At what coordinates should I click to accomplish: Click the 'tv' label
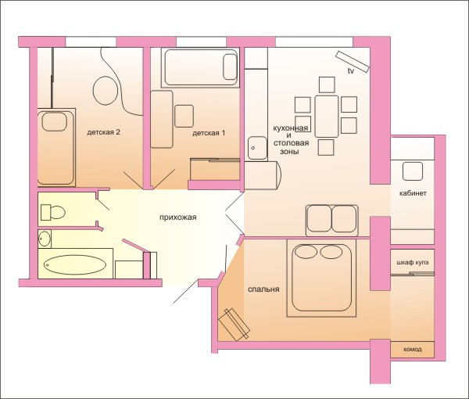pos(350,71)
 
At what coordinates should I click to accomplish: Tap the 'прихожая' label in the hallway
pos(178,217)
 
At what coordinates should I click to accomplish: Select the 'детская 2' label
pos(103,132)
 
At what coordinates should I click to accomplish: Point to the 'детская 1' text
pos(209,133)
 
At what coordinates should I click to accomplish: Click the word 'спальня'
pos(263,289)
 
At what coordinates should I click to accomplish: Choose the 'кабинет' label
pos(413,193)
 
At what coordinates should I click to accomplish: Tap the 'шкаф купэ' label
pos(412,263)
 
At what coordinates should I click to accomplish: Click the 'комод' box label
pos(413,349)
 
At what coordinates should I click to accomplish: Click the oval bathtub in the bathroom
pos(75,264)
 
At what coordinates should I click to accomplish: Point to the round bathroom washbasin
pos(45,239)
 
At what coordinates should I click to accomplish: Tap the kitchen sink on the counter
pos(257,149)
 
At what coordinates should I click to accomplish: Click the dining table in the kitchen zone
pos(326,117)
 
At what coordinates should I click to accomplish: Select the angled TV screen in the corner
pos(353,61)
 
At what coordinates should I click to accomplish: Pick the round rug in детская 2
pos(105,91)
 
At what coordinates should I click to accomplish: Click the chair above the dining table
pos(327,84)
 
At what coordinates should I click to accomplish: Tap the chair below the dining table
pos(326,147)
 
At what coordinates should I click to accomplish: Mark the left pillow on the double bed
pos(306,252)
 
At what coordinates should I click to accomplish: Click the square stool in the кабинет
pos(413,171)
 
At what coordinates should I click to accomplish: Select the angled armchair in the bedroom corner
pos(234,325)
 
